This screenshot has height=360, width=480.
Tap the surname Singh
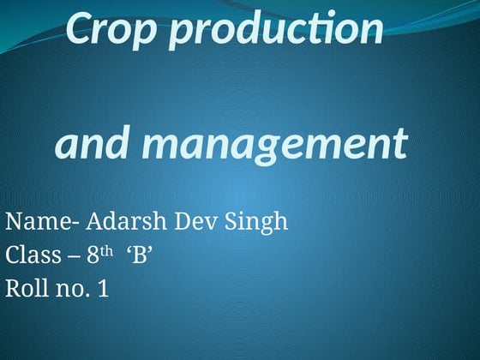[x=257, y=223]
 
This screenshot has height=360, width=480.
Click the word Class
[x=31, y=255]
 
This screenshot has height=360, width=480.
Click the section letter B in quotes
[x=138, y=255]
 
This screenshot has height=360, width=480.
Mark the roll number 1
[x=103, y=289]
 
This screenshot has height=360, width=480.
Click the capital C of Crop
[x=77, y=29]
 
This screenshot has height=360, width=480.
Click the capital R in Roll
[x=12, y=289]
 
